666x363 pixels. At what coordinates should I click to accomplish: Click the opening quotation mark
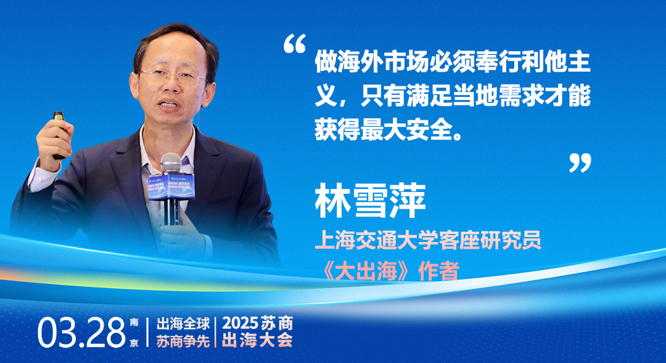click(294, 44)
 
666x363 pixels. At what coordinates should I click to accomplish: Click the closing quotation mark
click(580, 163)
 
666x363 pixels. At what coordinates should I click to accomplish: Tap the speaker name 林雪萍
click(370, 201)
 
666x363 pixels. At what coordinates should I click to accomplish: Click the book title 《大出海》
click(366, 271)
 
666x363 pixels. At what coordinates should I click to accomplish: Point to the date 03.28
click(81, 333)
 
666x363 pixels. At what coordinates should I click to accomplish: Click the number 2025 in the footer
click(240, 323)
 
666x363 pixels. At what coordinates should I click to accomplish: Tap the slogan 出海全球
click(183, 324)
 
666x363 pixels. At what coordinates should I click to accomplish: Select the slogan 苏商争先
click(183, 341)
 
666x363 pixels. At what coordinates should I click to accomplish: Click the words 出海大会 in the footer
click(258, 341)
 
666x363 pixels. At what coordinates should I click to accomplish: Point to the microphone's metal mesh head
click(171, 163)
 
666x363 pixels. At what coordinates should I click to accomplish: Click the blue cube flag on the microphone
click(171, 186)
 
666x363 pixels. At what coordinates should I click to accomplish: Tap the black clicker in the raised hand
click(59, 134)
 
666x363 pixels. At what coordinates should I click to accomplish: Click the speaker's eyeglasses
click(173, 77)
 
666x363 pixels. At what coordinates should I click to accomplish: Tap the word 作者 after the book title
click(439, 271)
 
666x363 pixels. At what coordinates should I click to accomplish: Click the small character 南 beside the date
click(134, 323)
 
